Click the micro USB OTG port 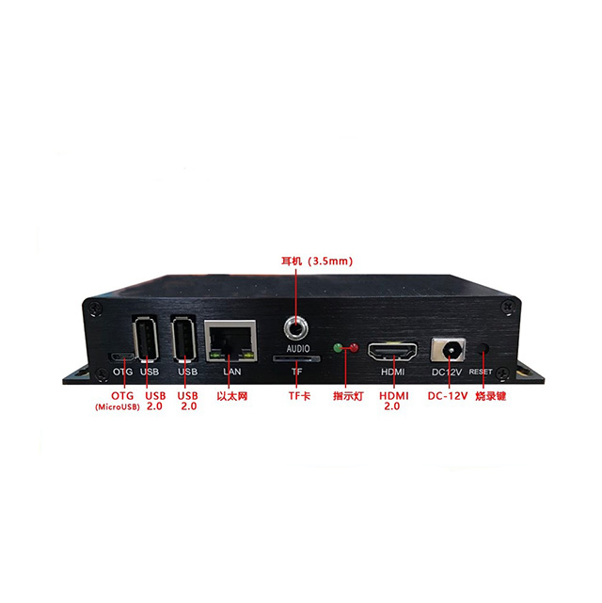coord(122,357)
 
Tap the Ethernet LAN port coord(230,341)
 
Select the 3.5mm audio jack coord(296,329)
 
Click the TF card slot coord(296,358)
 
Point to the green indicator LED coord(339,348)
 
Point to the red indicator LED coord(354,348)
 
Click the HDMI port coord(392,352)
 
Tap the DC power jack coord(449,350)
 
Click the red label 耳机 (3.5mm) coord(317,262)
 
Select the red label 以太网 coord(231,396)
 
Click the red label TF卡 coord(299,396)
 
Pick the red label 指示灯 coord(348,396)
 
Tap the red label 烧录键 coord(490,396)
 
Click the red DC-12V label coord(448,396)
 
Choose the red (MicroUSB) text coord(118,407)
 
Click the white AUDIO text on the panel coord(298,348)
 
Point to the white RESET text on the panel coord(481,372)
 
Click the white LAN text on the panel coord(232,372)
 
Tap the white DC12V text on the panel coord(446,373)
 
